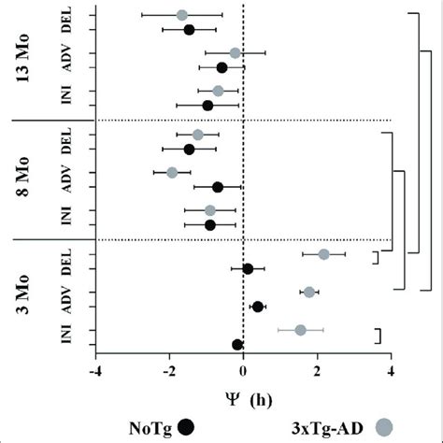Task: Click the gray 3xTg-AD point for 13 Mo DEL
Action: [x=182, y=15]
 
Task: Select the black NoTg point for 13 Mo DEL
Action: [x=189, y=30]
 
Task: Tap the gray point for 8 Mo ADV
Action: [x=172, y=173]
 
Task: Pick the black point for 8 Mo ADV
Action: [x=218, y=187]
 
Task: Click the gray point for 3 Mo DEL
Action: [x=323, y=254]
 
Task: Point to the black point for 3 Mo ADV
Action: [x=258, y=307]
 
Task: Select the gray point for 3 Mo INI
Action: [x=301, y=330]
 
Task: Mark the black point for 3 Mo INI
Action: [x=238, y=345]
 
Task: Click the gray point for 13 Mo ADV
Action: [x=235, y=52]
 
